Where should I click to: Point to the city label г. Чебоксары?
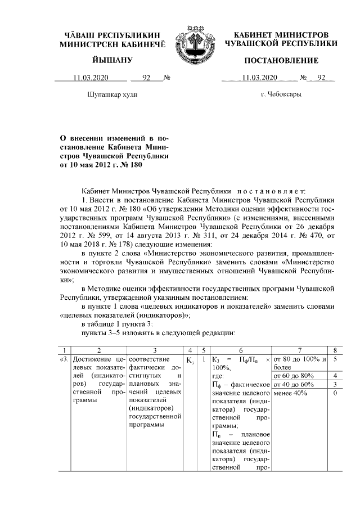[x=281, y=94]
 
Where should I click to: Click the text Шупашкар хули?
[x=112, y=94]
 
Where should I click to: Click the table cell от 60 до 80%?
[x=293, y=375]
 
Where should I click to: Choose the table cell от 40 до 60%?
[x=293, y=384]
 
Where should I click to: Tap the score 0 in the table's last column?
[x=335, y=393]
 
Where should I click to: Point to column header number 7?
[x=300, y=349]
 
